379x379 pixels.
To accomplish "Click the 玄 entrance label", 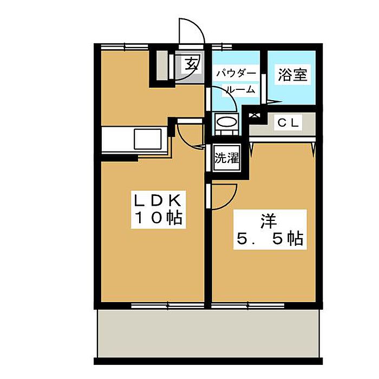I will point(191,64).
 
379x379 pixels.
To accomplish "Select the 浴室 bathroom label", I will point(292,75).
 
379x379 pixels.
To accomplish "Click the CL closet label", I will point(288,123).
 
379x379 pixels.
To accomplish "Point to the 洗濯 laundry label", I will point(227,158).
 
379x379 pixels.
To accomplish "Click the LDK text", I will point(157,200).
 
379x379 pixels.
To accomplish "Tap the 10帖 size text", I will point(157,219).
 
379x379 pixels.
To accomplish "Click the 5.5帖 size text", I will point(269,239).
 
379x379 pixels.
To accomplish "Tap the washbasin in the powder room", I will point(226,122).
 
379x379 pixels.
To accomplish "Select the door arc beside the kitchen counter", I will point(190,135).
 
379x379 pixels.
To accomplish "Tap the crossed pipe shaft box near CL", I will point(253,114).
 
